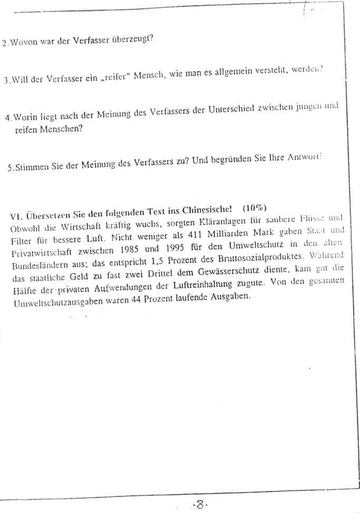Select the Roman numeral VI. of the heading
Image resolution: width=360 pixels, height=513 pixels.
pyautogui.click(x=16, y=216)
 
